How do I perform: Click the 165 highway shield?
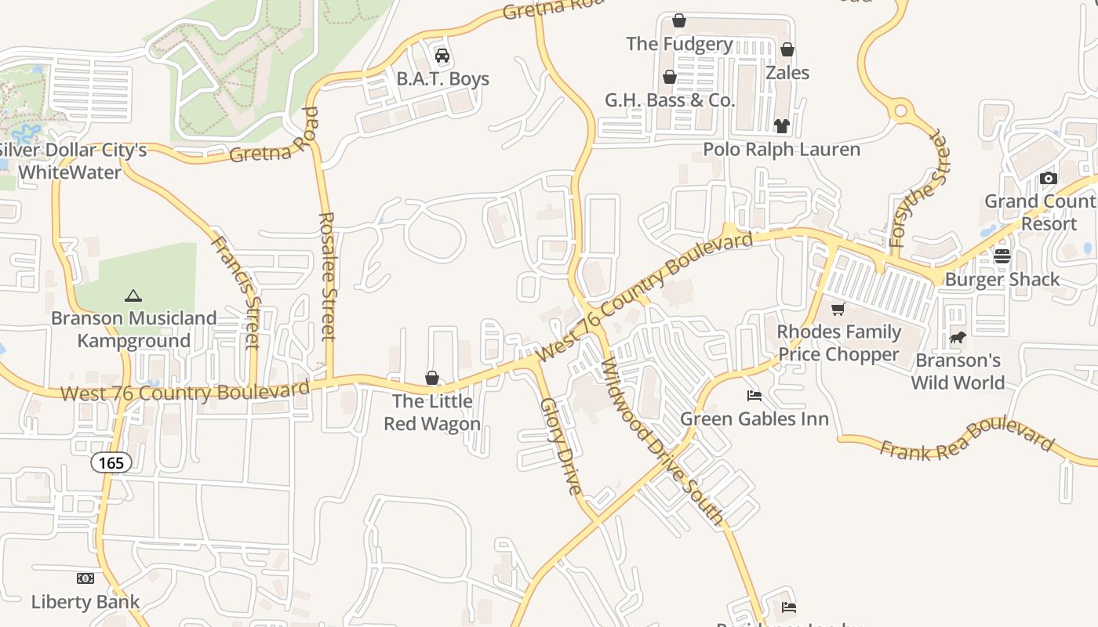pos(111,462)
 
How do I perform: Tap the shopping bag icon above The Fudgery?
pos(679,20)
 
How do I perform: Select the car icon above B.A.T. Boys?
pos(442,56)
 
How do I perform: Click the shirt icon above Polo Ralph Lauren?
pos(781,125)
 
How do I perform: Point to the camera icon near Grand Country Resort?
pos(1049,178)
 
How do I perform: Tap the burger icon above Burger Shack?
pos(1002,256)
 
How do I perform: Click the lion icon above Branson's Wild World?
pos(958,338)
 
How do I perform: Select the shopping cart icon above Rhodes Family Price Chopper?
pos(838,309)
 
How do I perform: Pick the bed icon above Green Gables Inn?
pos(754,395)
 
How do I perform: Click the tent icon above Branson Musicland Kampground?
pos(133,295)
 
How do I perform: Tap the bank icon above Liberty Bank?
pos(85,578)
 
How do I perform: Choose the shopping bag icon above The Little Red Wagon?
pos(431,379)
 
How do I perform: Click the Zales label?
pos(787,73)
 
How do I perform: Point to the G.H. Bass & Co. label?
pos(670,100)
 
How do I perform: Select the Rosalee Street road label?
pos(328,276)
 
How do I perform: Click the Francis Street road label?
pos(236,292)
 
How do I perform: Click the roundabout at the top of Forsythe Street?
pos(900,111)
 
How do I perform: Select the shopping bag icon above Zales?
pos(787,50)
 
